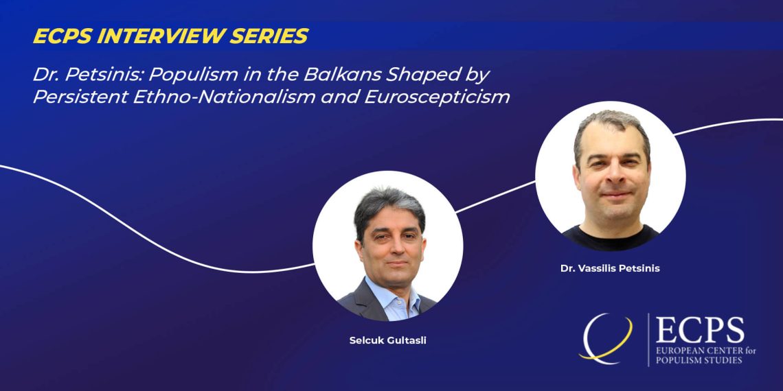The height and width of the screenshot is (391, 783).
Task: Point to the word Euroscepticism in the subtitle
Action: click(438, 97)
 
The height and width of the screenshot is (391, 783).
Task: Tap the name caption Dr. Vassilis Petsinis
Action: click(610, 269)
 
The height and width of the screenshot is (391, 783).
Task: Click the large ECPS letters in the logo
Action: click(700, 330)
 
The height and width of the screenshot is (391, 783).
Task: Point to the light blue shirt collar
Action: click(393, 294)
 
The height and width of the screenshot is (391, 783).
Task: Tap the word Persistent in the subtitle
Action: click(80, 97)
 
